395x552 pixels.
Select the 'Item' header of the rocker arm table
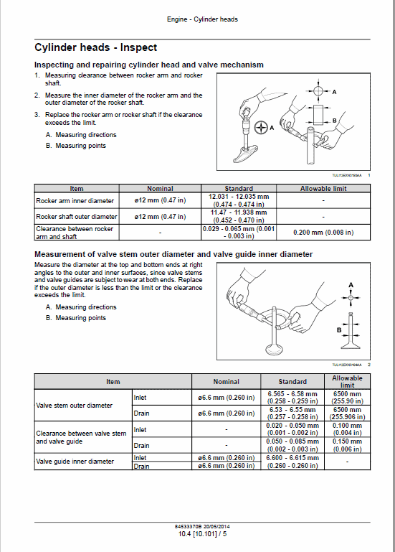coord(76,189)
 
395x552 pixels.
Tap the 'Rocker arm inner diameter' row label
coord(75,201)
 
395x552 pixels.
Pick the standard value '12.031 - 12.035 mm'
coord(239,197)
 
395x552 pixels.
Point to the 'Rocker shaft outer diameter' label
coord(77,216)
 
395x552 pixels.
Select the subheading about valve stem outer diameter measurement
coord(173,254)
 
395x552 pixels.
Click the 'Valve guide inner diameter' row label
coord(75,462)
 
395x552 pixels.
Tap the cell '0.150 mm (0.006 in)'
coord(347,446)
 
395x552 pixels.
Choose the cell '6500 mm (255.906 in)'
coord(347,413)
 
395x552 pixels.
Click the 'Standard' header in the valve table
coord(292,382)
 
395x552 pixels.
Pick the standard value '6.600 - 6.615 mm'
coord(292,457)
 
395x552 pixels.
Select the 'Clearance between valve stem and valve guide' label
coord(81,437)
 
